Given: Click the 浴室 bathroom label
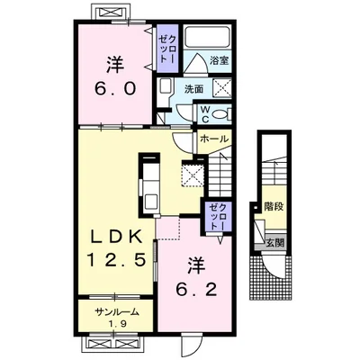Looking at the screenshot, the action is (x=220, y=60).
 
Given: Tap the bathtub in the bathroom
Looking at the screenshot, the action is (x=207, y=36).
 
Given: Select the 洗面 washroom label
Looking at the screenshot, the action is (x=194, y=89).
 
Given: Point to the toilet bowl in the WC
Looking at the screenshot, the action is (x=220, y=114).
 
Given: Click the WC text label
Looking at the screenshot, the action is (x=205, y=114).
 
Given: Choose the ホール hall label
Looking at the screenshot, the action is (x=214, y=139).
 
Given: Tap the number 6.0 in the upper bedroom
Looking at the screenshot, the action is (x=115, y=88).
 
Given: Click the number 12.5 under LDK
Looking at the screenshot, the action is (x=116, y=259).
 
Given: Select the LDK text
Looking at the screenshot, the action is (x=116, y=238).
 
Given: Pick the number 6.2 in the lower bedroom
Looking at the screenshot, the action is (x=196, y=290).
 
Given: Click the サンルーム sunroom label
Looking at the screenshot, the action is (x=117, y=312).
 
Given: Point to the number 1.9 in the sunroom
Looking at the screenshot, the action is (x=117, y=324).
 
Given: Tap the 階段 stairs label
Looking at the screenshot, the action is (x=274, y=207).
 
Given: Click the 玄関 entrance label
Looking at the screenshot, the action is (x=275, y=243).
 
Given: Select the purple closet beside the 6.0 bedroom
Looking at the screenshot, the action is (x=167, y=49).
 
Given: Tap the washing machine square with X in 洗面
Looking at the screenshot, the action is (x=222, y=87).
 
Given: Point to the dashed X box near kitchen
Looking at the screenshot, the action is (x=193, y=174).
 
